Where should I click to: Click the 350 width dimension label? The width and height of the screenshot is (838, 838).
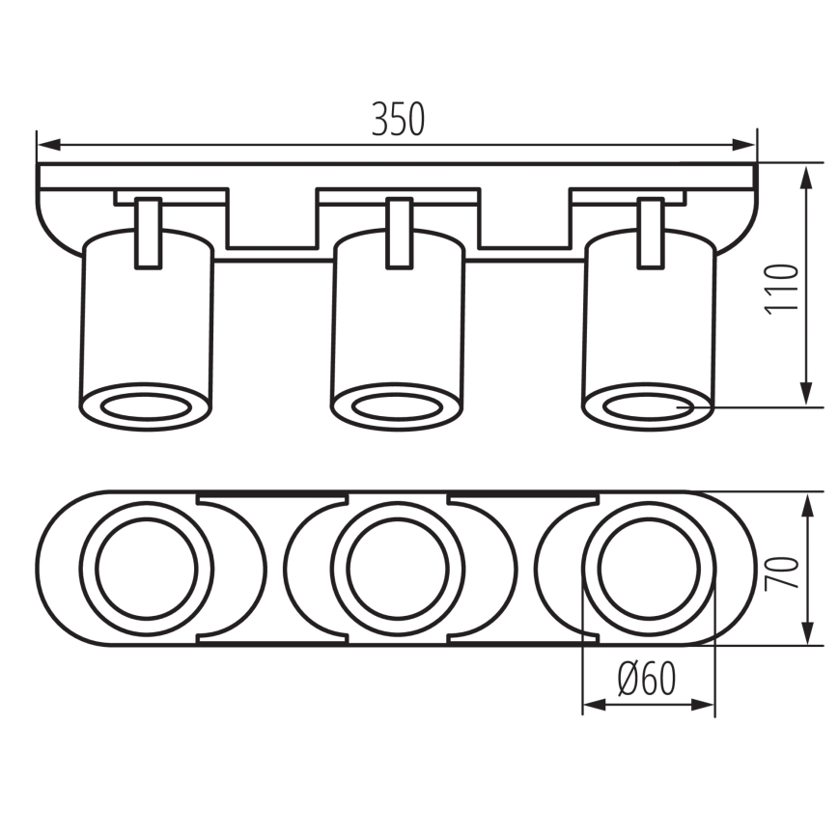pyautogui.click(x=398, y=119)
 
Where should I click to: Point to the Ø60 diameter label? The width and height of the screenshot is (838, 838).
pyautogui.click(x=647, y=681)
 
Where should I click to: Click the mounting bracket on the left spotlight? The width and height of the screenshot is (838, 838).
pyautogui.click(x=148, y=232)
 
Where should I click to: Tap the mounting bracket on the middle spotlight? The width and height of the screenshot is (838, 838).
pyautogui.click(x=400, y=232)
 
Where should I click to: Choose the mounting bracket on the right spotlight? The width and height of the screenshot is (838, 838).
pyautogui.click(x=651, y=232)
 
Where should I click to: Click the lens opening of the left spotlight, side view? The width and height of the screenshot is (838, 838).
pyautogui.click(x=145, y=405)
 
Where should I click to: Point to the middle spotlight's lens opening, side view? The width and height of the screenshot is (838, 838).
pyautogui.click(x=398, y=405)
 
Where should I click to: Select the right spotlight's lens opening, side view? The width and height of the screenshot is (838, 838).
pyautogui.click(x=648, y=405)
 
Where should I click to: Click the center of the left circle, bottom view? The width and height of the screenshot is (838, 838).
pyautogui.click(x=147, y=569)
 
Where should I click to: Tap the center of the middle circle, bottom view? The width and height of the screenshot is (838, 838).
pyautogui.click(x=397, y=569)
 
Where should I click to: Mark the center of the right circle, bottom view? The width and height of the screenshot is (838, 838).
pyautogui.click(x=648, y=569)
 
